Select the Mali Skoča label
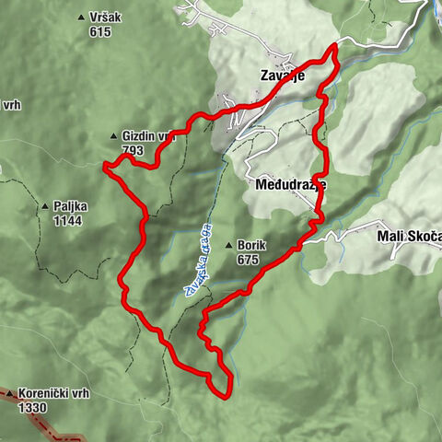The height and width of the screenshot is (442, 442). coord(409,236)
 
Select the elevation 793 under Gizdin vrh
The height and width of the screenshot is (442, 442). coord(133,149)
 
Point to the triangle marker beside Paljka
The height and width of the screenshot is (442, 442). coord(44,207)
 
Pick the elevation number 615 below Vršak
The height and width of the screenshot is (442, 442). coord(100,31)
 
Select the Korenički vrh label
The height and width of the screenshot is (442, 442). coord(54,393)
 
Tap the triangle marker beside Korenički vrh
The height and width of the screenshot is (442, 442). coord(10,394)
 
